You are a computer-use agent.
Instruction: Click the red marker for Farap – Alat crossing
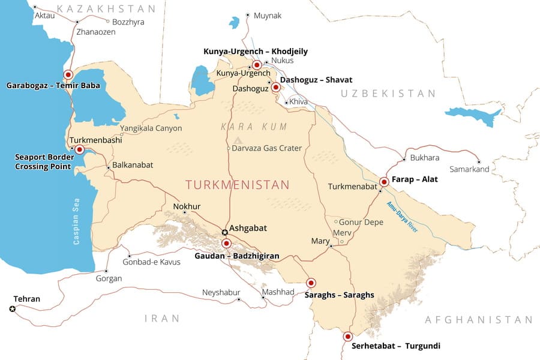click(x=384, y=181)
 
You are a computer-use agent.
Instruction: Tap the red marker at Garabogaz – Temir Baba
click(x=68, y=75)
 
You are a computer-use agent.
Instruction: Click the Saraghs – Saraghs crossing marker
click(x=311, y=283)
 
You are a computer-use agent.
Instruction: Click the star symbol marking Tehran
click(x=12, y=309)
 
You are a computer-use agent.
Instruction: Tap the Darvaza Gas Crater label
click(x=266, y=148)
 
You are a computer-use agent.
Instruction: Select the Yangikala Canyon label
click(x=151, y=128)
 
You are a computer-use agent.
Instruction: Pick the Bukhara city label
click(x=425, y=158)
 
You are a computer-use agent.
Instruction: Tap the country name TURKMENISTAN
click(x=237, y=185)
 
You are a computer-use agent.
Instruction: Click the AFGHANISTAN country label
click(x=478, y=320)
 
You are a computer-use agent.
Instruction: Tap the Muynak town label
click(x=267, y=16)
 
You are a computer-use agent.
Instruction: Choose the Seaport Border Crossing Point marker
click(x=79, y=149)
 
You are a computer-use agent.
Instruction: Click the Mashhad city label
click(x=278, y=292)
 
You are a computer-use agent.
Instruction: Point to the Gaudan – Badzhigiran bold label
click(x=236, y=256)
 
